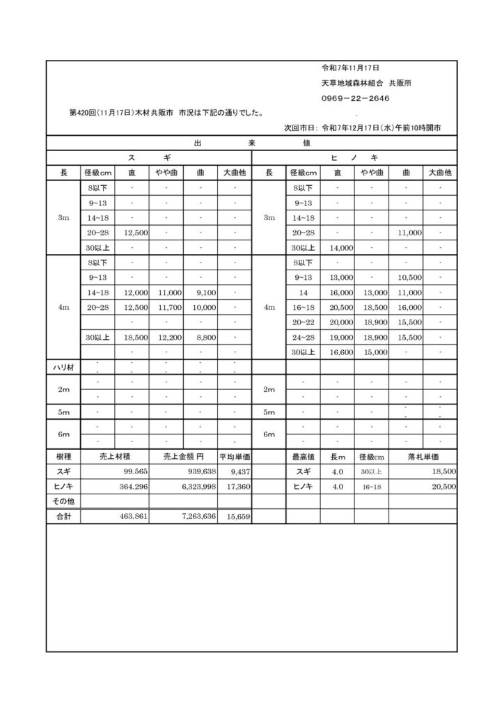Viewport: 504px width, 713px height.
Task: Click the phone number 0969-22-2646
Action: pyautogui.click(x=355, y=98)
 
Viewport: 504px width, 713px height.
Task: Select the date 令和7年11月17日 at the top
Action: pyautogui.click(x=349, y=68)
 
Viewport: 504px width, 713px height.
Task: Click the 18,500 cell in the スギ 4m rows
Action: pyautogui.click(x=134, y=337)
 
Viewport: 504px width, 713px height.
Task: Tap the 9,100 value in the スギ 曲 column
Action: pyautogui.click(x=202, y=292)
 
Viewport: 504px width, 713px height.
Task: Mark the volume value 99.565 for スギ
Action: pyautogui.click(x=133, y=471)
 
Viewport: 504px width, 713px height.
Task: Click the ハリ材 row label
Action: pyautogui.click(x=60, y=367)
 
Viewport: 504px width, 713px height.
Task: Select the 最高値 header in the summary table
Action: pyautogui.click(x=304, y=457)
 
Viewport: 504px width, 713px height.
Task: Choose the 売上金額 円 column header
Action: pyautogui.click(x=182, y=457)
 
